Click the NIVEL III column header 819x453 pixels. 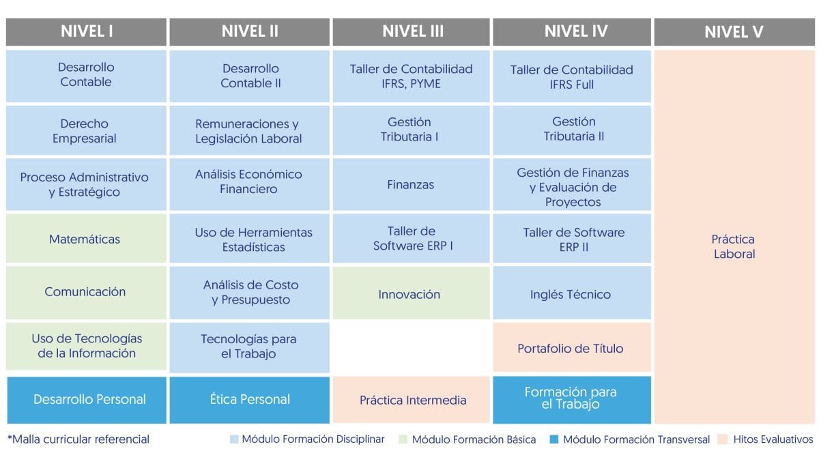pos(411,32)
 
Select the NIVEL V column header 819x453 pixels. pos(734,32)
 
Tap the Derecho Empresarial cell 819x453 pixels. pos(86,130)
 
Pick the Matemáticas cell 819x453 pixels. pos(86,238)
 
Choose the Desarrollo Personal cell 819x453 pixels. pos(87,400)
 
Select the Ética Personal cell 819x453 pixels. pos(249,400)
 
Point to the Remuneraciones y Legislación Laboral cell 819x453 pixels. pos(249,130)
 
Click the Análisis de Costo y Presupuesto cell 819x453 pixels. pos(249,293)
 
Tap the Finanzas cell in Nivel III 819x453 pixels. pos(411,184)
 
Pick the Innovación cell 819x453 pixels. pos(411,293)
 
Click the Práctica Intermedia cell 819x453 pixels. pos(411,400)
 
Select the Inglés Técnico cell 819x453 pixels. pos(572,293)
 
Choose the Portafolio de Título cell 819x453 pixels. pos(572,347)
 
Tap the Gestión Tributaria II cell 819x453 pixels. pos(572,130)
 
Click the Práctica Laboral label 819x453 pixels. pos(734,246)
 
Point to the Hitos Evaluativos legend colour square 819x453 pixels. pos(722,439)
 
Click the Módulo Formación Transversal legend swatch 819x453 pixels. pos(554,439)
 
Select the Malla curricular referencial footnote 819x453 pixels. pos(78,439)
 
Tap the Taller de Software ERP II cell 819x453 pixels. pos(572,238)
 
